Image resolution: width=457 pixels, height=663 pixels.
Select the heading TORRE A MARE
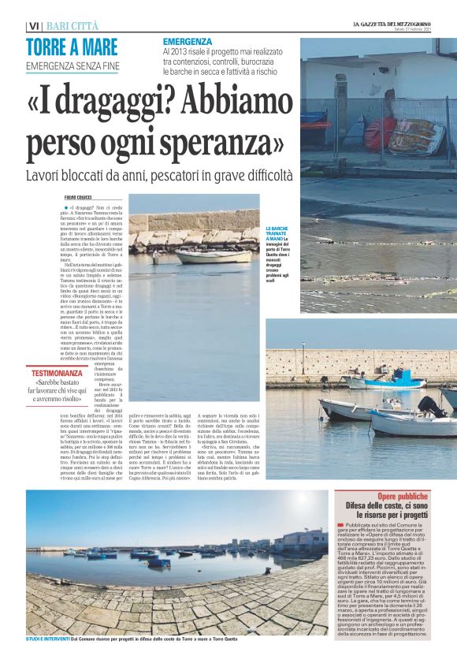click(x=72, y=47)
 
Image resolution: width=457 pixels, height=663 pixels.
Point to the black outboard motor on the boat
click(x=429, y=405)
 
